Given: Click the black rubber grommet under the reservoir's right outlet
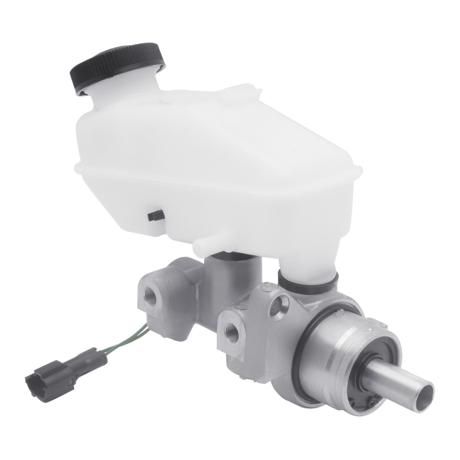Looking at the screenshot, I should coord(307,281).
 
